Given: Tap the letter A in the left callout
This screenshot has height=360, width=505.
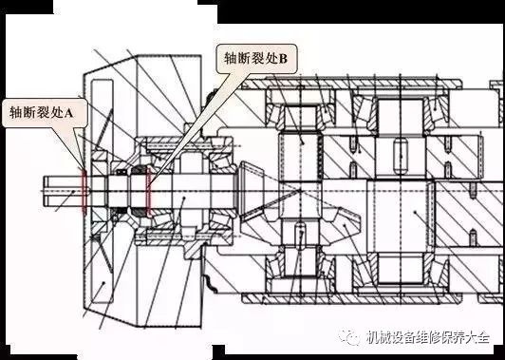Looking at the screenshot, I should coord(81,112).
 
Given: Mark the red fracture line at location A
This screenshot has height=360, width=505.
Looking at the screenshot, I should coord(85,191).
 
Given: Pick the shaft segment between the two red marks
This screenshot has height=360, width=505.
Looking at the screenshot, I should coord(118,193).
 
